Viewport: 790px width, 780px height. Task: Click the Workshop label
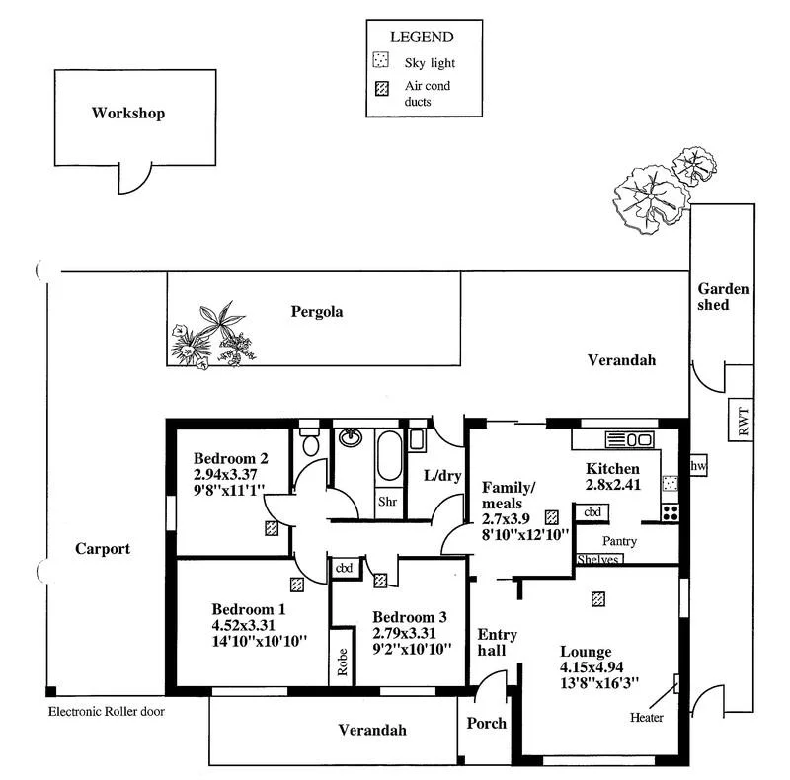pyautogui.click(x=128, y=113)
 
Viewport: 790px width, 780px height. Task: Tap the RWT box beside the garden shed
pyautogui.click(x=744, y=422)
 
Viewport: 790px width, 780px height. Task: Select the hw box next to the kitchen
pyautogui.click(x=698, y=466)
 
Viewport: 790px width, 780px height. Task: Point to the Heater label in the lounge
pyautogui.click(x=646, y=717)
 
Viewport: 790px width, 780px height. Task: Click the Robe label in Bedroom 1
pyautogui.click(x=342, y=660)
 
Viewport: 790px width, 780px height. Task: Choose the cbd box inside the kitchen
pyautogui.click(x=592, y=512)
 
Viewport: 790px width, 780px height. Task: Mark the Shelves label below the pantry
pyautogui.click(x=598, y=559)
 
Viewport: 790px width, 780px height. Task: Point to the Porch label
pyautogui.click(x=486, y=723)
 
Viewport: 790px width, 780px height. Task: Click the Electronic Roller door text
pyautogui.click(x=106, y=710)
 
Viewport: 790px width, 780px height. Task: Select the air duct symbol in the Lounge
pyautogui.click(x=596, y=597)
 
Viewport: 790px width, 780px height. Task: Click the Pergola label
pyautogui.click(x=317, y=311)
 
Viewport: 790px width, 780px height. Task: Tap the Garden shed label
pyautogui.click(x=724, y=296)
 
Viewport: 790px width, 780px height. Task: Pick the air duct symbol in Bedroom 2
pyautogui.click(x=271, y=527)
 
